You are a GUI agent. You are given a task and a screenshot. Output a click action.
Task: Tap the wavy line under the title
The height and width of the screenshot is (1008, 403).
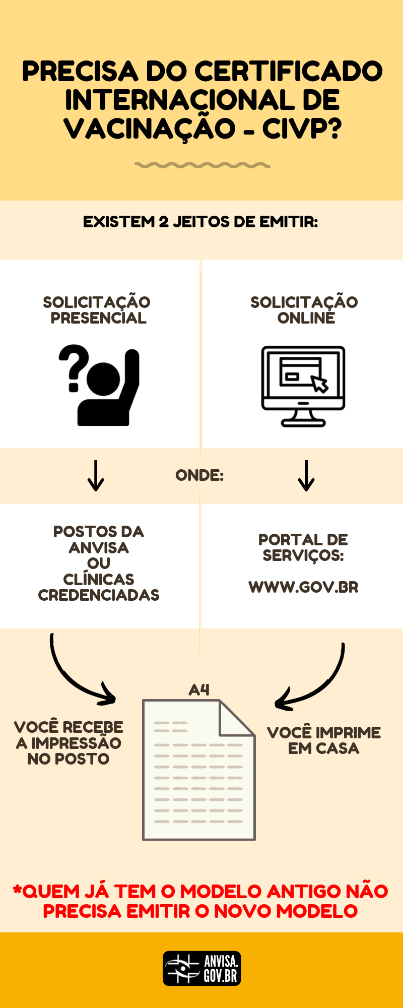pyautogui.click(x=203, y=165)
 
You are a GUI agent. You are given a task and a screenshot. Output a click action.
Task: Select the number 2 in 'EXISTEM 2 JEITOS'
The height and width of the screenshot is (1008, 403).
pyautogui.click(x=164, y=222)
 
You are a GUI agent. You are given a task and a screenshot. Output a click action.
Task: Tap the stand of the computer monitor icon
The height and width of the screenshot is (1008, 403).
pyautogui.click(x=303, y=418)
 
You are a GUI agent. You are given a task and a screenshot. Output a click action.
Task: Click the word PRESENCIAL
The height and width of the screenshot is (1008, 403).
pyautogui.click(x=99, y=319)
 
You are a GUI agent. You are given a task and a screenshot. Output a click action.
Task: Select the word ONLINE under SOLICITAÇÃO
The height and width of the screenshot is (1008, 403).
pyautogui.click(x=306, y=319)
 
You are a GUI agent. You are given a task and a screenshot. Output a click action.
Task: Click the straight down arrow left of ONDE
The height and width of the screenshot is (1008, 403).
pyautogui.click(x=96, y=475)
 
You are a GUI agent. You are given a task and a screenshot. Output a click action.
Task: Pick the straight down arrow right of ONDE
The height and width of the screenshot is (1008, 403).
pyautogui.click(x=306, y=475)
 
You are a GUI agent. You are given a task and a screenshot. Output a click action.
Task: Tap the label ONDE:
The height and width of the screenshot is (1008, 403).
pyautogui.click(x=199, y=475)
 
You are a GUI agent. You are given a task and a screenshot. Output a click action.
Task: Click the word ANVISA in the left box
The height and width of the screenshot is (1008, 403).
pyautogui.click(x=99, y=548)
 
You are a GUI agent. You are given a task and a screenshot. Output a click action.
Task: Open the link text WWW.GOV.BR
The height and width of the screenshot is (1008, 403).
pyautogui.click(x=303, y=587)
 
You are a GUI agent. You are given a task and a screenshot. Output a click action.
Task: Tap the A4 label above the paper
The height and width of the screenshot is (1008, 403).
pyautogui.click(x=199, y=690)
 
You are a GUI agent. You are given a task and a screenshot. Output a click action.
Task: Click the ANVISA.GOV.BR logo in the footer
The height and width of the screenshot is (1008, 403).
pyautogui.click(x=201, y=968)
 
